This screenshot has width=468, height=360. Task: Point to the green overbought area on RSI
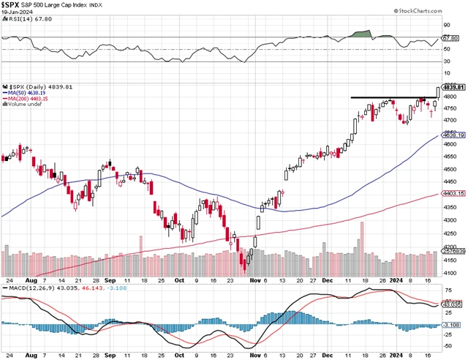(x=361, y=34)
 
